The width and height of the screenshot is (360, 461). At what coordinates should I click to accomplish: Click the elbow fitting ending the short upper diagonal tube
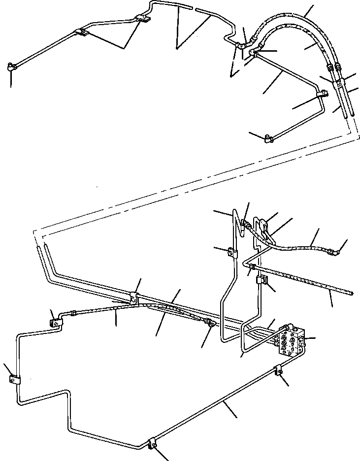click(x=268, y=139)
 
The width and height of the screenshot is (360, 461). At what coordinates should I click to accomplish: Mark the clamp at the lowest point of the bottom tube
click(x=153, y=443)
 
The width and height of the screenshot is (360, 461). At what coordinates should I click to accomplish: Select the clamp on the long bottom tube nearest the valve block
click(x=279, y=370)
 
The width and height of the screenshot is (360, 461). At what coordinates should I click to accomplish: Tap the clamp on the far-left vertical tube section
click(x=14, y=380)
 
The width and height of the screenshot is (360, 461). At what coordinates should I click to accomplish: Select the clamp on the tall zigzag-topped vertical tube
click(x=231, y=253)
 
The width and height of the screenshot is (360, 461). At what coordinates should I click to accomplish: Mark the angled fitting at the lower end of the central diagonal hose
click(x=210, y=324)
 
